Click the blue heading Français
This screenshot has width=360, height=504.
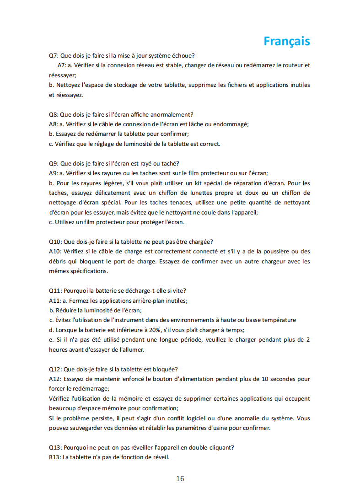[287, 41]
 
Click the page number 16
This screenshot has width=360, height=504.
[180, 478]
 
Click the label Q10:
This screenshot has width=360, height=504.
[55, 241]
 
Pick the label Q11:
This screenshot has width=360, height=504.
[55, 290]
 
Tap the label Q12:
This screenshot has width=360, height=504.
[55, 369]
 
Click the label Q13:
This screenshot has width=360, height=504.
[55, 447]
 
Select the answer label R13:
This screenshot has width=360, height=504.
[55, 457]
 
